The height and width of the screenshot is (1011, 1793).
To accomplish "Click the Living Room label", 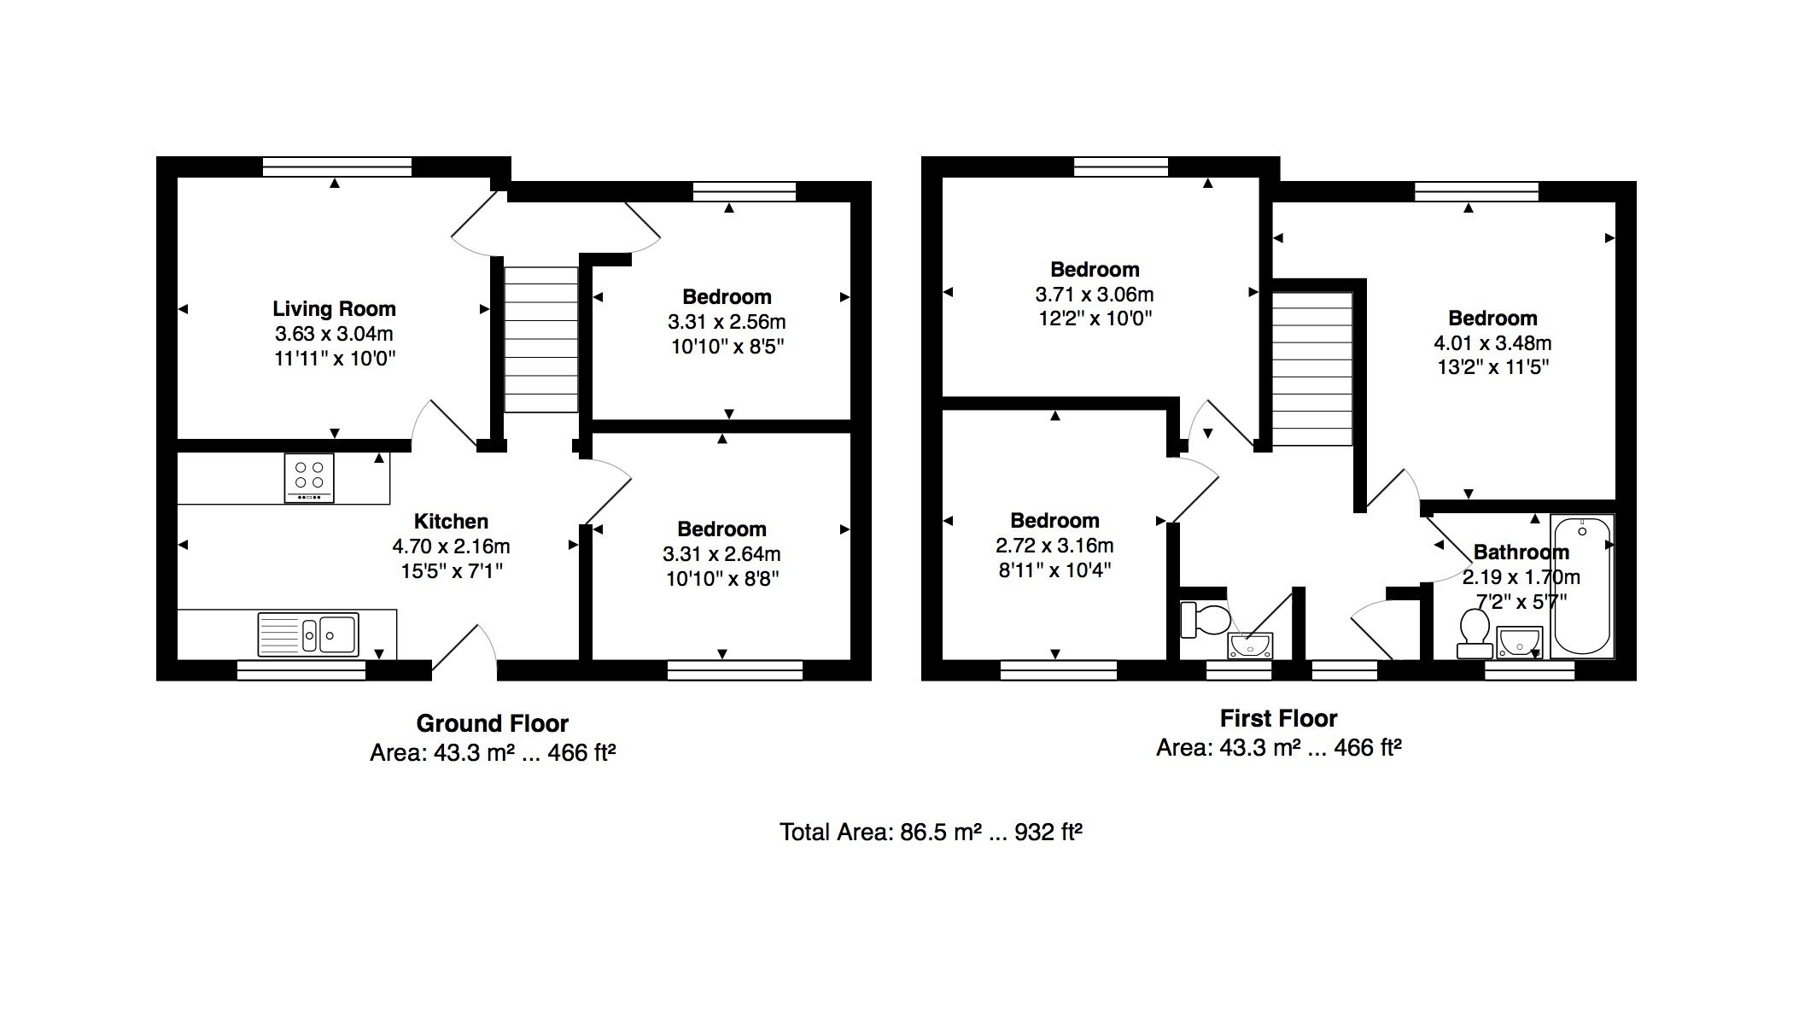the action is [334, 309].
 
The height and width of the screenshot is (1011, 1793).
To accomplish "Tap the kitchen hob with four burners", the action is [309, 478].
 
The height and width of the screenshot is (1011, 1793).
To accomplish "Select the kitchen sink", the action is [308, 634].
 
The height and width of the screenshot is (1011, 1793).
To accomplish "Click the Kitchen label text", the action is [451, 522].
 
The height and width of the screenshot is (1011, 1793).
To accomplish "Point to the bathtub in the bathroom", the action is [1582, 586].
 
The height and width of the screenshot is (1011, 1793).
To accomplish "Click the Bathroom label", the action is [1521, 552].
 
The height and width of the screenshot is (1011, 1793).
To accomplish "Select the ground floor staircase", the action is [541, 340].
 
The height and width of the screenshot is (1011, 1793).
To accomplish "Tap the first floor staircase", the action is [1313, 369].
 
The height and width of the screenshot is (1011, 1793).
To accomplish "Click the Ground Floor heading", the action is [493, 724].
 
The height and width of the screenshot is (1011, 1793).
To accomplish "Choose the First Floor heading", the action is [1278, 719].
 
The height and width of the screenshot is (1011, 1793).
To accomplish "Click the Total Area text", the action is [931, 832].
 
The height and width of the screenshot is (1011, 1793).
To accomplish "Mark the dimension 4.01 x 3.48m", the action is [1492, 343].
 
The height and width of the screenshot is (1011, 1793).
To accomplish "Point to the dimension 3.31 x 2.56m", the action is [727, 322].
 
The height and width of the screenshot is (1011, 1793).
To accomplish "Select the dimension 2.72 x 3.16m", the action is [1054, 546].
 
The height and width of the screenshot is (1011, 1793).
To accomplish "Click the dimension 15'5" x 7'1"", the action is [451, 570].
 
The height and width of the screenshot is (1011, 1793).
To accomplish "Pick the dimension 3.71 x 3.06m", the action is [1095, 295].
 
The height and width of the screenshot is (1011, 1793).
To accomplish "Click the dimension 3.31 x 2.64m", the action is [721, 554].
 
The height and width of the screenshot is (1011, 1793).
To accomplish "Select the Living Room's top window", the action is [337, 167].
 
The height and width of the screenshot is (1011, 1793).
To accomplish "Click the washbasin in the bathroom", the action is [1520, 641].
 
